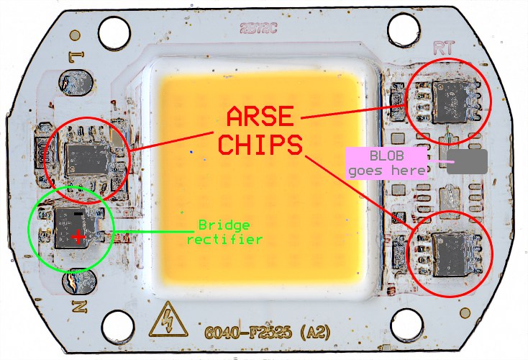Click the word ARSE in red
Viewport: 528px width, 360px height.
(261, 117)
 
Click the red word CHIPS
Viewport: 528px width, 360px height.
(261, 145)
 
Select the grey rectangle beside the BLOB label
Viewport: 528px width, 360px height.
(467, 161)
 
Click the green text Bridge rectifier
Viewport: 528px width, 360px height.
(224, 232)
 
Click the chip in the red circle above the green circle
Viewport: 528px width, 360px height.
(87, 157)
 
